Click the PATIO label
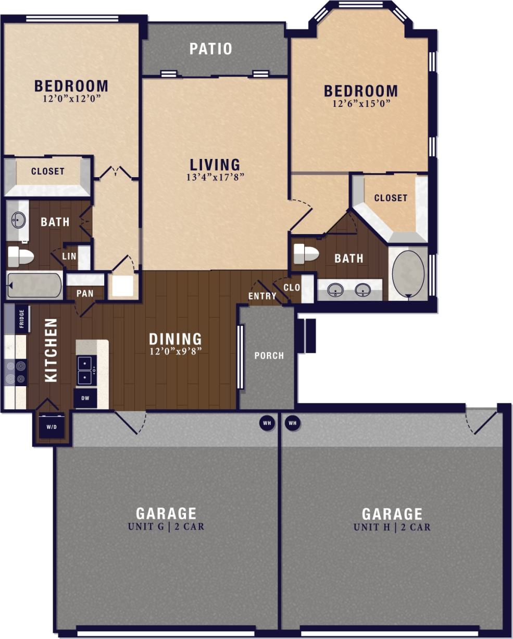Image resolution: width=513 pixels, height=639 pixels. tap(210, 49)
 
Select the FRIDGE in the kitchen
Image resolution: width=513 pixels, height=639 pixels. tap(21, 319)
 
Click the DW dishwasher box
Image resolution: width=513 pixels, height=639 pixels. tap(85, 398)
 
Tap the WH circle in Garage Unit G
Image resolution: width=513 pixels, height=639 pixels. tap(267, 423)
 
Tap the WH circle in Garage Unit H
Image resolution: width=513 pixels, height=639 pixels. tap(292, 423)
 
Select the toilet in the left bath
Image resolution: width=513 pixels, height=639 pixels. tap(21, 256)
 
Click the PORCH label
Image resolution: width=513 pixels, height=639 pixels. tap(269, 356)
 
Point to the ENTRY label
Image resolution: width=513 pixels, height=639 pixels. tap(262, 296)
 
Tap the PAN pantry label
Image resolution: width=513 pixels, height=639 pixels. tap(85, 293)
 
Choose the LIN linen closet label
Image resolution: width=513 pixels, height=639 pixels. tap(69, 256)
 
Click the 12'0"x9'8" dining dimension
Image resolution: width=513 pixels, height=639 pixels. tap(176, 351)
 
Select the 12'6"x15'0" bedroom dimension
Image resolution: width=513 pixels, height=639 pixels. tap(361, 104)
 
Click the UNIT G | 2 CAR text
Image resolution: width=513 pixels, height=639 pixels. tap(166, 526)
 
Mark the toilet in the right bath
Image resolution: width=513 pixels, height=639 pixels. tap(306, 254)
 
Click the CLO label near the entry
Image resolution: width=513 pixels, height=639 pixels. tap(292, 287)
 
